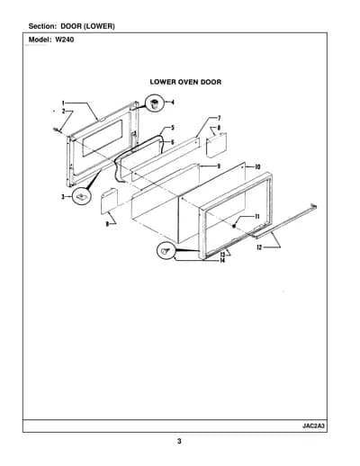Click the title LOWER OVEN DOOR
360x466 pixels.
tap(185, 82)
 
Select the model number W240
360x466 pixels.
tap(64, 40)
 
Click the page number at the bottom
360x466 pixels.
tap(179, 441)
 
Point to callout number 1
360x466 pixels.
tap(63, 103)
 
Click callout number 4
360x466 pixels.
tap(173, 103)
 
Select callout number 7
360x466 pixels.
tap(220, 118)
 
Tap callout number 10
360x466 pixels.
tap(257, 166)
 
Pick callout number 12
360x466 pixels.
tap(259, 247)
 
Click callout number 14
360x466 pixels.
tap(222, 261)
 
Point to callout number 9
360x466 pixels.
tap(219, 166)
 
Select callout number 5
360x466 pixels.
tap(173, 128)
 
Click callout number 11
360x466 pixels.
tap(257, 217)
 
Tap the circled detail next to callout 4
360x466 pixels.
tap(155, 103)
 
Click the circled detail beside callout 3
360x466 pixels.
tap(81, 196)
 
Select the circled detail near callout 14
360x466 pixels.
tap(166, 251)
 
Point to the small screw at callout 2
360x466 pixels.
tap(56, 130)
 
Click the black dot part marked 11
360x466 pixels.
tap(234, 227)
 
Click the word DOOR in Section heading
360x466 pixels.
tap(71, 26)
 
